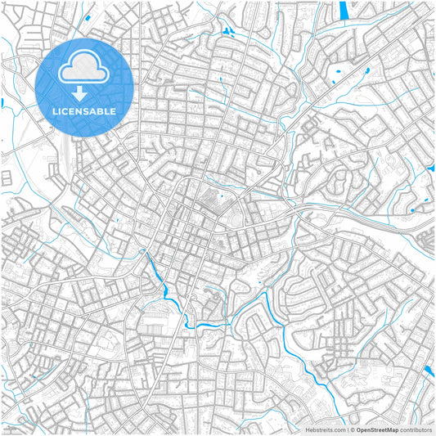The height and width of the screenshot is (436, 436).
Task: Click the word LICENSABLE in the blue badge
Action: click(x=84, y=110)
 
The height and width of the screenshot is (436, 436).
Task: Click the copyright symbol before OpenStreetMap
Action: click(x=351, y=429)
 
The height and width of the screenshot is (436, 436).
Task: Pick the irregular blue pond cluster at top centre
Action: click(x=227, y=33)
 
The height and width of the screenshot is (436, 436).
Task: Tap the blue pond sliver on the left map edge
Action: click(x=2, y=102)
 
